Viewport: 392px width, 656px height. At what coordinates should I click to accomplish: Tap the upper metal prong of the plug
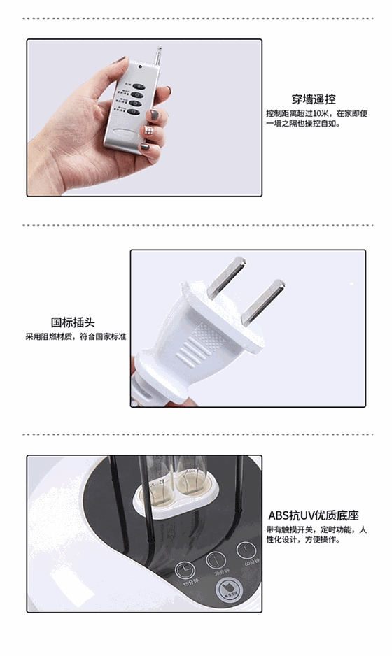click(x=228, y=273)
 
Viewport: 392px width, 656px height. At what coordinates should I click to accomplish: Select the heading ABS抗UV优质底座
click(x=313, y=516)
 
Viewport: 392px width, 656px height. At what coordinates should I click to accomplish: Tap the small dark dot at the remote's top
click(x=141, y=67)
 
